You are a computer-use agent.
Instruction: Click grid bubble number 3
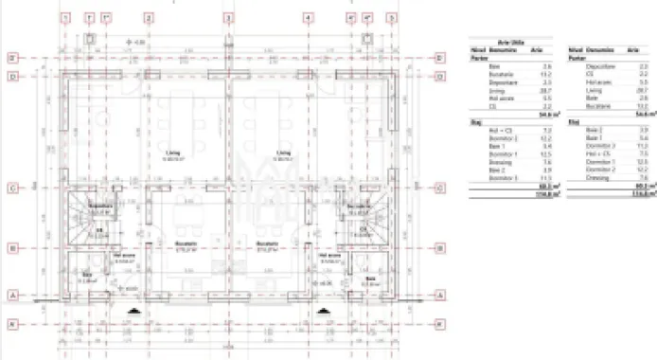[x=228, y=17]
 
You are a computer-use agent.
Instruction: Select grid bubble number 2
[x=148, y=17]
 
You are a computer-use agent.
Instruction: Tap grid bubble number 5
[x=392, y=17]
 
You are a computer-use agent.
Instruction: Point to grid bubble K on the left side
[x=13, y=324]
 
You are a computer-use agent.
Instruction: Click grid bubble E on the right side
[x=440, y=58]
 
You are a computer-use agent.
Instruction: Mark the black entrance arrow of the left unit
[x=137, y=310]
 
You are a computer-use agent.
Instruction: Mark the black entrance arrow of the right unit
[x=320, y=310]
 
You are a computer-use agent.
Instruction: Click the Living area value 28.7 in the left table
[x=545, y=90]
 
